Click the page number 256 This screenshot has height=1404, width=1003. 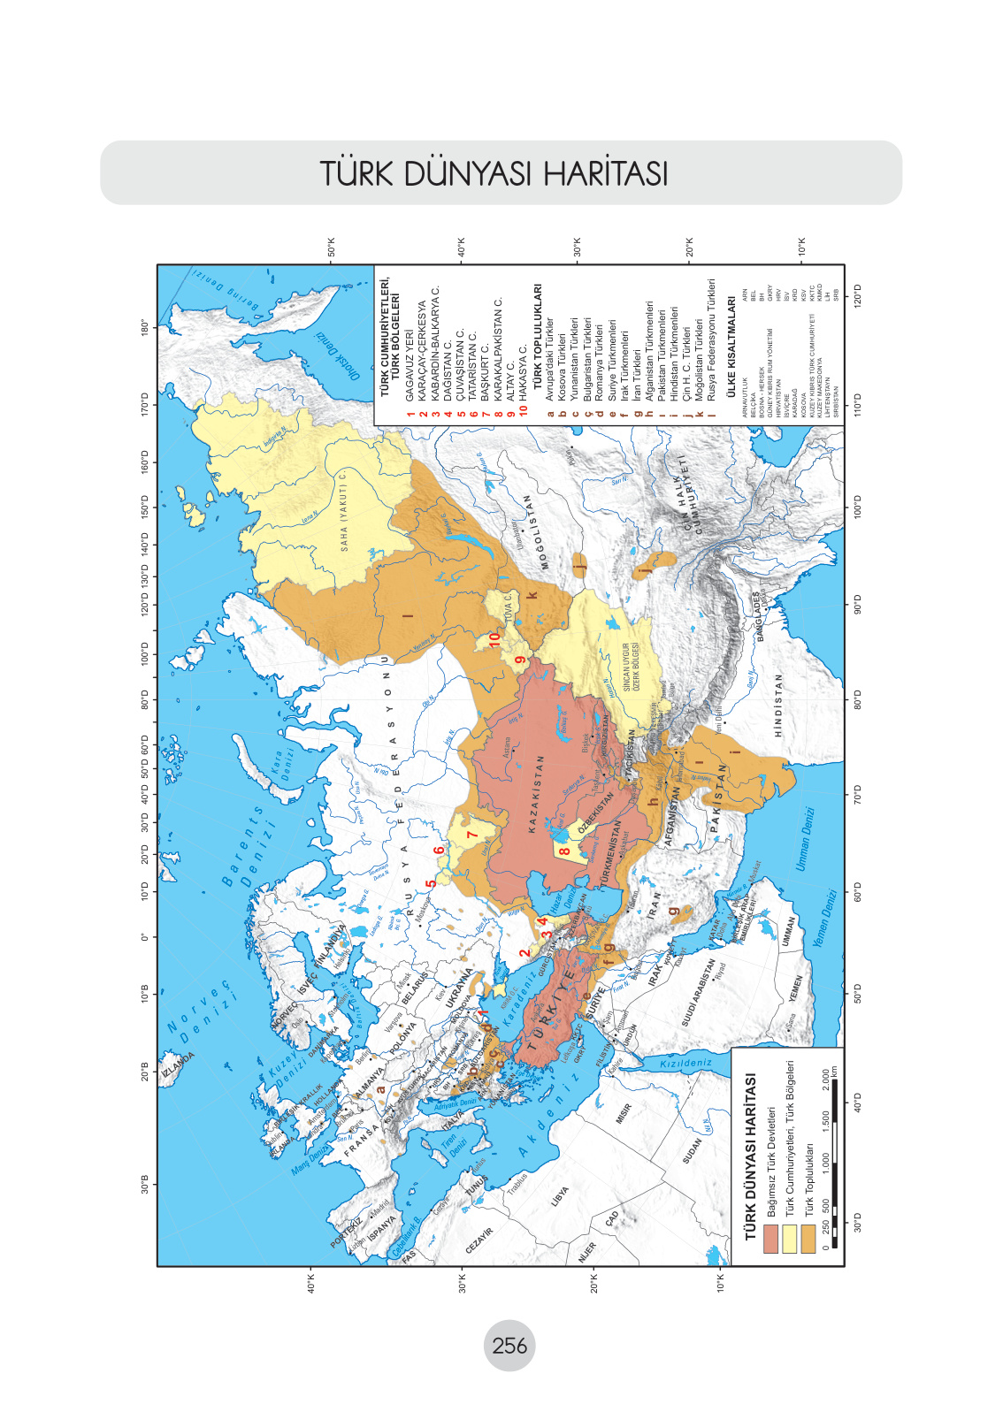click(509, 1346)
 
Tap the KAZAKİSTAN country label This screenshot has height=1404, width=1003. click(533, 794)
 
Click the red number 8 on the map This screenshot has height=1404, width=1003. click(563, 852)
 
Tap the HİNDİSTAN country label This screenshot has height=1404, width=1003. click(778, 706)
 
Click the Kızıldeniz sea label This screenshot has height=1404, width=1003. click(686, 1063)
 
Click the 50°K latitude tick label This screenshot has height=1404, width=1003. click(332, 247)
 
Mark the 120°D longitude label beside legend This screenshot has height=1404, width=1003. click(857, 293)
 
